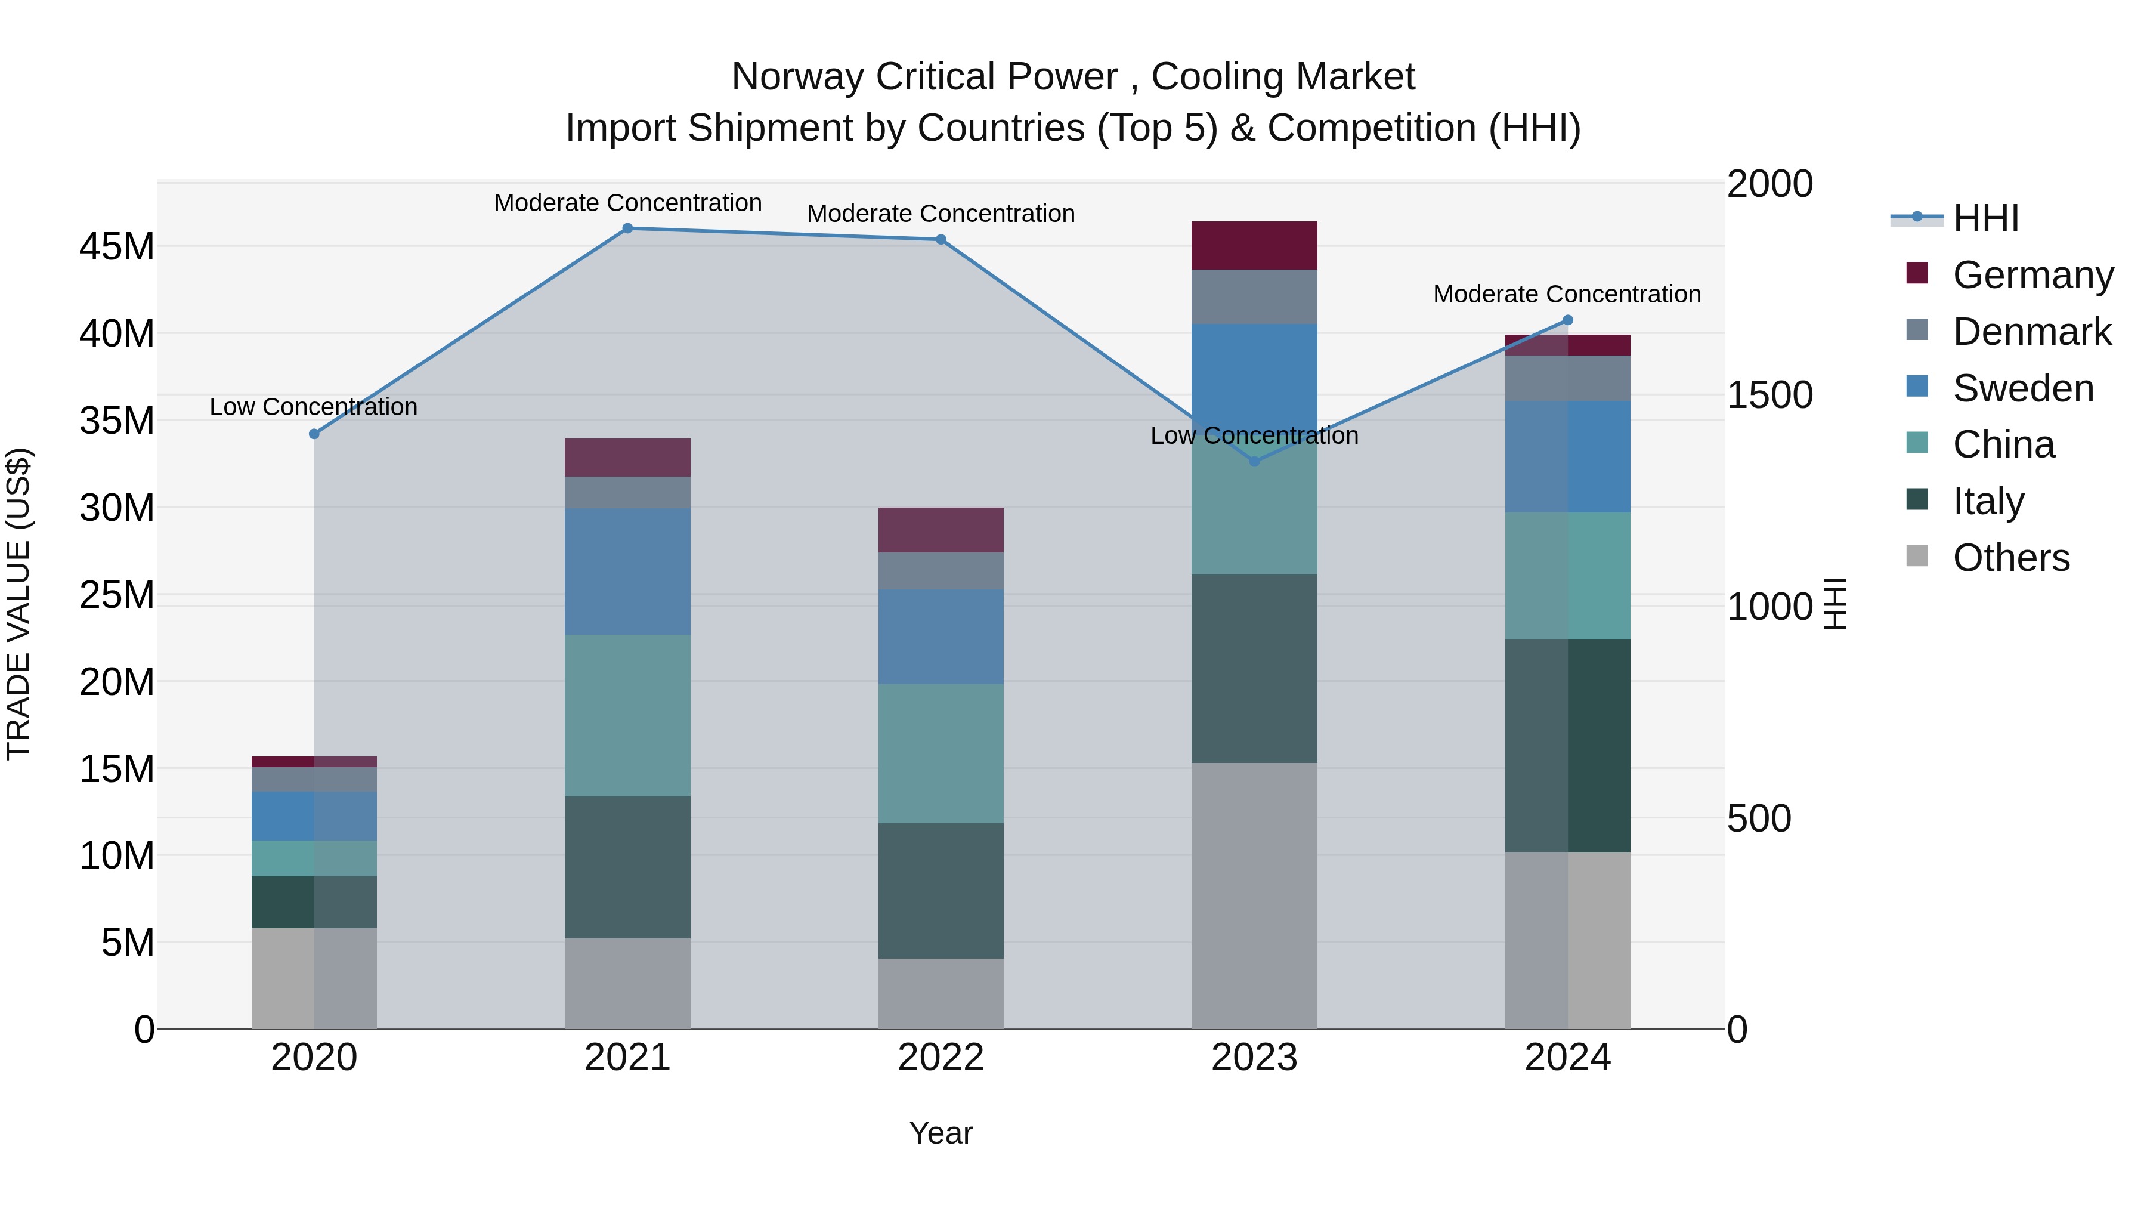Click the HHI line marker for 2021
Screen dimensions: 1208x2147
627,228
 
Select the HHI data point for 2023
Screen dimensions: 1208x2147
1254,461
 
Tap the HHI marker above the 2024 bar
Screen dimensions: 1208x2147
1567,320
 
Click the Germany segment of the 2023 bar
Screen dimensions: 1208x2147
1254,245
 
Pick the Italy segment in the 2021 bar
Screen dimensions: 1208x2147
627,867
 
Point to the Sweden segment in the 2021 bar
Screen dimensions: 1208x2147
627,572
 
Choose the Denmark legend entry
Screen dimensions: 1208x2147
2031,332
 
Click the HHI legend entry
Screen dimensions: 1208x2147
1985,218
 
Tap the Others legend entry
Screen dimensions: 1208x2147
2010,558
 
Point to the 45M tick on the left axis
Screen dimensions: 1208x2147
117,247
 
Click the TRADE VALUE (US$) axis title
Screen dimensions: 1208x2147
18,604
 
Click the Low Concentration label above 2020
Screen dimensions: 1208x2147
313,407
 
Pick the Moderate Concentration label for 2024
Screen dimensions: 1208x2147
1567,294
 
